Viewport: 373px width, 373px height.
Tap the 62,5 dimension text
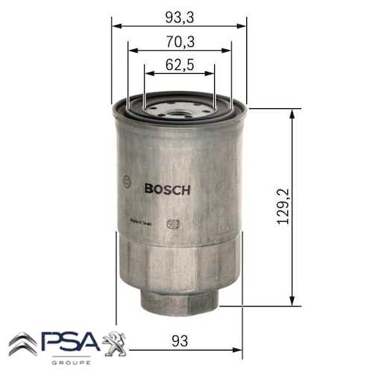pos(179,65)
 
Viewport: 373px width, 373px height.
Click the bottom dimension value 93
pos(179,340)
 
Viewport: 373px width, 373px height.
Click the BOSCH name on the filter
pos(167,189)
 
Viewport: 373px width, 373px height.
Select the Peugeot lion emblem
pos(113,342)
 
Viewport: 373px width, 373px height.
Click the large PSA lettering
pos(70,344)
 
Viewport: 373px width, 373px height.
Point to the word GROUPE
pos(72,362)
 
